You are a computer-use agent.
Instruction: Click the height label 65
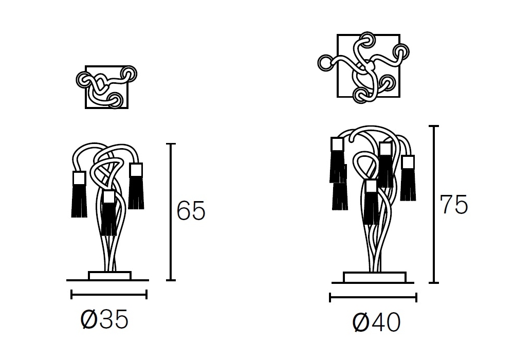coord(191,210)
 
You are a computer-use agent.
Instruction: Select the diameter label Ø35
coord(104,319)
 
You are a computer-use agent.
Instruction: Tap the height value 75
coord(453,204)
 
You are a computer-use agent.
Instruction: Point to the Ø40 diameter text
coord(376,322)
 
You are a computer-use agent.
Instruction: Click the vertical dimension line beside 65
coord(171,212)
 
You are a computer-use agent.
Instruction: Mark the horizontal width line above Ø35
coord(109,294)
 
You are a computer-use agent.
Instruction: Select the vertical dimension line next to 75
coord(434,204)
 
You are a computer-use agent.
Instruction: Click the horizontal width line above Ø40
coord(373,297)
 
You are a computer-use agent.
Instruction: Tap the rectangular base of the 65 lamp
coord(110,276)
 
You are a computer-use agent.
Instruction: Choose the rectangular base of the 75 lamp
coord(375,277)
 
